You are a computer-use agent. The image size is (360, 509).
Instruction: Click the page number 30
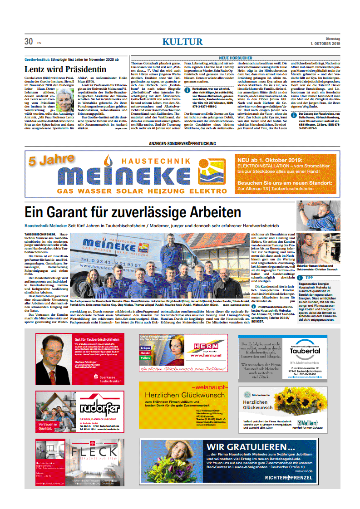[29, 42]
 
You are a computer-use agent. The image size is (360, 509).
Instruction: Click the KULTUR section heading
[182, 42]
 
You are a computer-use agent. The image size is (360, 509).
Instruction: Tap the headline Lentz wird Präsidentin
[65, 69]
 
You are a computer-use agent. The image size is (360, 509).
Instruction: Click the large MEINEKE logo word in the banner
[141, 176]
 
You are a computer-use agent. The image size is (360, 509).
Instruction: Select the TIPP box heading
[309, 277]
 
